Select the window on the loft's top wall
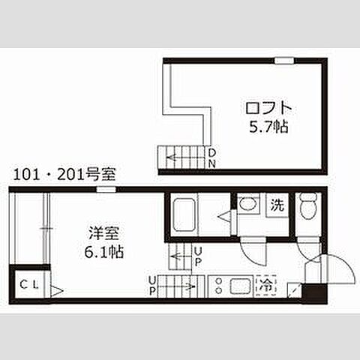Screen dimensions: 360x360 click(x=284, y=59)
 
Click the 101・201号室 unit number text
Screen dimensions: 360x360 click(x=64, y=175)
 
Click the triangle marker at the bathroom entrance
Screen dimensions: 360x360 click(x=223, y=217)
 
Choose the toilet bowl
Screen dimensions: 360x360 click(x=307, y=206)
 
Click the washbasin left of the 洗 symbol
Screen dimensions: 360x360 click(x=247, y=204)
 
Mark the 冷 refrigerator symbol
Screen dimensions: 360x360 click(x=265, y=285)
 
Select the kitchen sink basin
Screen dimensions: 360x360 click(x=241, y=285)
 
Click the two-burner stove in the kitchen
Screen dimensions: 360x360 click(x=217, y=285)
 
